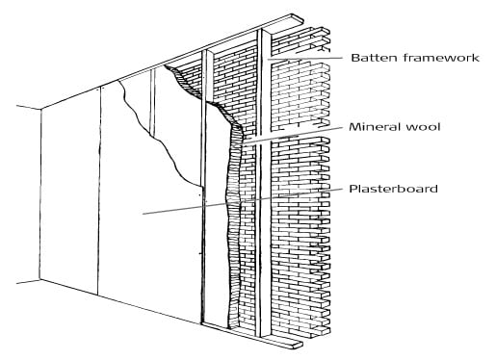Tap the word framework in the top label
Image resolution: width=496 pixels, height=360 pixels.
click(442, 58)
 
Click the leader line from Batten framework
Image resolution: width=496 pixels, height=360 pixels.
click(308, 58)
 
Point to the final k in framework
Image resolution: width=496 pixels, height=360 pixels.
click(476, 58)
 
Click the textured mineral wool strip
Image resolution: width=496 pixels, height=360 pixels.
click(231, 221)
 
